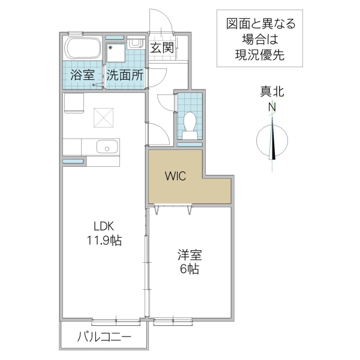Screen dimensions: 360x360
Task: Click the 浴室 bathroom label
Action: tap(83, 76)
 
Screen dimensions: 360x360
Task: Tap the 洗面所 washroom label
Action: tap(125, 76)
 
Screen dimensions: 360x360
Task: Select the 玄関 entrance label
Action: tap(162, 48)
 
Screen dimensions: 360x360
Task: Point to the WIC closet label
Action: tap(176, 176)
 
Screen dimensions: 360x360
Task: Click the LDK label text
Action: tap(103, 226)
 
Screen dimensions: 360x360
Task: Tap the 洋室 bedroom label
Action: tap(189, 255)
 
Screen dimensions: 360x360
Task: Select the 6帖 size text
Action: tap(189, 269)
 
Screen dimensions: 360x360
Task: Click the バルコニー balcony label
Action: tap(103, 337)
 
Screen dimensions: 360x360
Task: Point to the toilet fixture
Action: tap(190, 122)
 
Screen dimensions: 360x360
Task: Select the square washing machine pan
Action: tap(117, 53)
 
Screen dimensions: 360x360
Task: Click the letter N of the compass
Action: tap(272, 107)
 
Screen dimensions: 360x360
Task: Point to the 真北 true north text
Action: tap(272, 92)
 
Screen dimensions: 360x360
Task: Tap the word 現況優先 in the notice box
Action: tap(260, 56)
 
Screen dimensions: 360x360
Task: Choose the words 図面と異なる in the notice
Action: tap(260, 25)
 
